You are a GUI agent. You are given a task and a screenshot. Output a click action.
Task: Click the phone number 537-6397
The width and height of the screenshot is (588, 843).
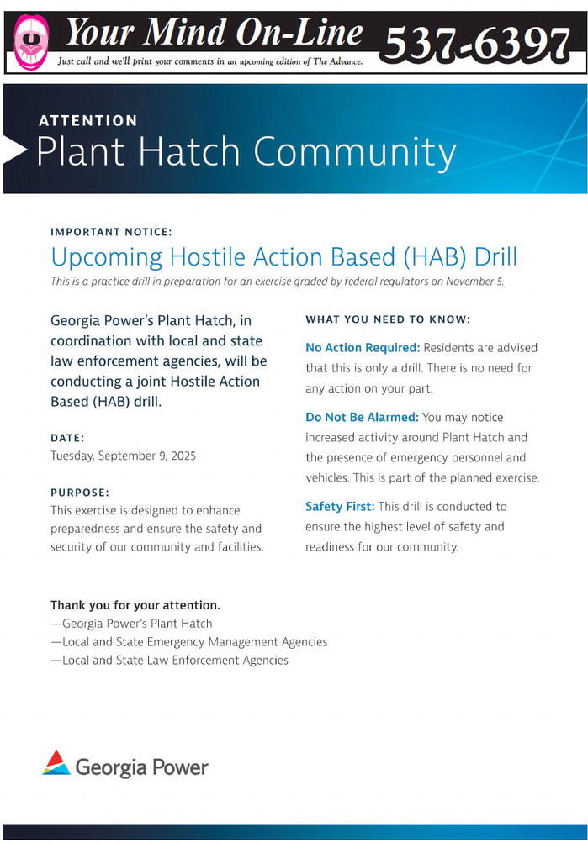coord(477,43)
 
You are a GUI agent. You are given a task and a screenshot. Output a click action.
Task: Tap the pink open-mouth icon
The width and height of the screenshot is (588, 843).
coord(31,42)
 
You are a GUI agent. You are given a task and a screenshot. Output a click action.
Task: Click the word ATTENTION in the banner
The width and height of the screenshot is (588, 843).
coord(88,120)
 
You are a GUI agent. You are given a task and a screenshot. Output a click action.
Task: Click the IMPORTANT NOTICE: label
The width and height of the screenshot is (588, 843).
coord(111,232)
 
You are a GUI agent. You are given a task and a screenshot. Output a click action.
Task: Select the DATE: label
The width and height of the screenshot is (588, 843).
coord(67,438)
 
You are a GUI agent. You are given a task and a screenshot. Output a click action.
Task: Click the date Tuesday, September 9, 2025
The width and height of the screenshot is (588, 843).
coord(123,456)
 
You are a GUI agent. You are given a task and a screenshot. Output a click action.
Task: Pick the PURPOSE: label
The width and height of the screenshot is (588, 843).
coord(80,493)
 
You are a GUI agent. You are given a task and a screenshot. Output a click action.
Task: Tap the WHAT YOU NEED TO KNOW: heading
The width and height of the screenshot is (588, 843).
coord(388,319)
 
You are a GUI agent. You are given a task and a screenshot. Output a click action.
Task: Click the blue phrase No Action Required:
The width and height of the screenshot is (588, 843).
coord(363,348)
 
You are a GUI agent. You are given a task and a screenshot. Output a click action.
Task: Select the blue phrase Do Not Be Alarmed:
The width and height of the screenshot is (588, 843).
coord(362,417)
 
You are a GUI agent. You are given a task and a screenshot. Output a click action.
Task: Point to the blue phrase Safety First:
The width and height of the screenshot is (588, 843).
coord(340,507)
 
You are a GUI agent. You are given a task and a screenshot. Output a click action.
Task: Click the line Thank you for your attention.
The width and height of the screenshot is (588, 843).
coord(135,605)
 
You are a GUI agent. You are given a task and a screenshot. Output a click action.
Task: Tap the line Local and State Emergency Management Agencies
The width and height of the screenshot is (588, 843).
coord(188,642)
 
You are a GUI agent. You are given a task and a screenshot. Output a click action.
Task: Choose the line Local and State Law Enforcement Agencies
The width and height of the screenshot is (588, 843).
coord(169,661)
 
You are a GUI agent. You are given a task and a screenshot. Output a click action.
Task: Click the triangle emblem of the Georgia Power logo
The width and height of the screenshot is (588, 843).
coord(56,763)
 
